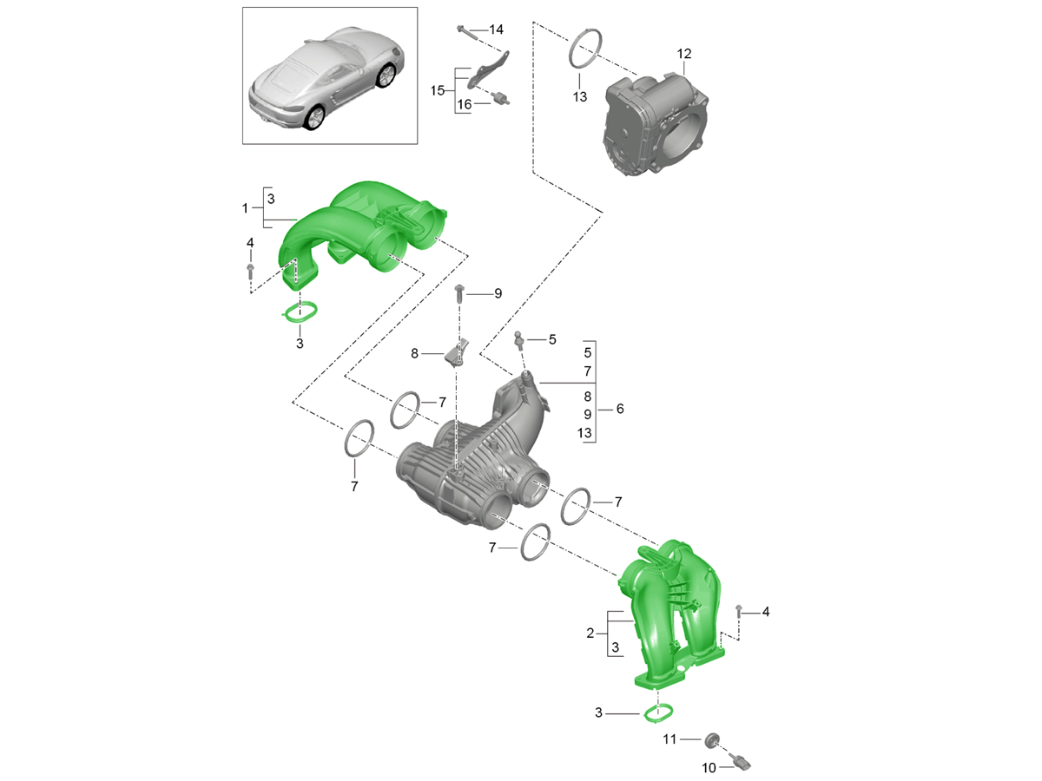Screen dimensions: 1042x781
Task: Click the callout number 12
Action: tap(683, 54)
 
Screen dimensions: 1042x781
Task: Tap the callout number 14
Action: tap(496, 30)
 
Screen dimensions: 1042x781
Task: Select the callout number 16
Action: tap(464, 104)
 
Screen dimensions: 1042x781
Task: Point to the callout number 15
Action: tap(438, 90)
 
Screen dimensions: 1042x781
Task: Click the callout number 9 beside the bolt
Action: tap(498, 293)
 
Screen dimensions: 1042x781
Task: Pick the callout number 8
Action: tap(414, 354)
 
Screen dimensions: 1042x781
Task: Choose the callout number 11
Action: tap(669, 739)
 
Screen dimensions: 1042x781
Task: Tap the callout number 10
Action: tap(709, 767)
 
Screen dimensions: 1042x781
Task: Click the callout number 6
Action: tap(620, 409)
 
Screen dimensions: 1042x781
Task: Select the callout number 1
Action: tap(245, 208)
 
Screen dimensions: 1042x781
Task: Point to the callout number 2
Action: tap(590, 633)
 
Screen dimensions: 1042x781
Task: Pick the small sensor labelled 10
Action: tap(740, 764)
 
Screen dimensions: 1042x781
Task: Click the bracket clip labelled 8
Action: tap(457, 353)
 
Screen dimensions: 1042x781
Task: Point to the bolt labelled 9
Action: tap(459, 294)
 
